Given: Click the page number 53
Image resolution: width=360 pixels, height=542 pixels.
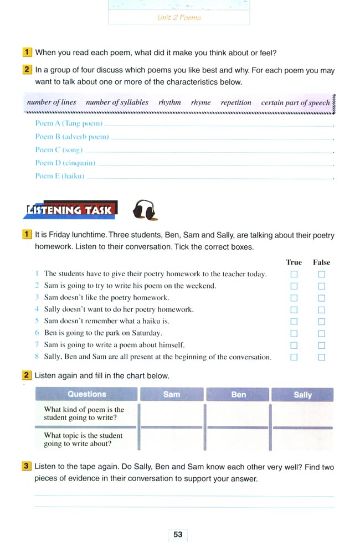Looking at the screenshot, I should tap(178, 534).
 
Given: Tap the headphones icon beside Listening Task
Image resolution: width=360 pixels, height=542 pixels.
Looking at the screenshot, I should tap(145, 210).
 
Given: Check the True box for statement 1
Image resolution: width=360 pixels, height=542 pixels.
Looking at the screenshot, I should tap(294, 274).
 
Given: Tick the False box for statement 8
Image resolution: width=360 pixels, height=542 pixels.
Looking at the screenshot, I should tap(322, 358).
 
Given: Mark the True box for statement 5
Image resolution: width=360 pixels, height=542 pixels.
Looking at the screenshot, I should tap(294, 322).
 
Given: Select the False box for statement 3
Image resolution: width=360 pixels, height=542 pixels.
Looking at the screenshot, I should tap(322, 298).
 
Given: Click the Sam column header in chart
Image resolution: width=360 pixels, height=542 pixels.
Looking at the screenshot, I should tap(172, 394).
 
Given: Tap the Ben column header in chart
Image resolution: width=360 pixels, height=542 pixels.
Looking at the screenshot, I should tap(238, 395).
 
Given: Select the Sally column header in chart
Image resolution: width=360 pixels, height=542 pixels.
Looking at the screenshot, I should tap(302, 395).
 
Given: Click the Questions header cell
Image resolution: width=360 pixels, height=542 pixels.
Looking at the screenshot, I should tap(86, 394).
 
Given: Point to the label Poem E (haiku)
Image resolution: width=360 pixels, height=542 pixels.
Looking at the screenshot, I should tap(59, 176).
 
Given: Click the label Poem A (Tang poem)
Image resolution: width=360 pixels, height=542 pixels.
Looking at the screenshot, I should tap(69, 123).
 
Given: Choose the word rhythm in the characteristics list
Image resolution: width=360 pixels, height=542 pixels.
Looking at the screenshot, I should tap(169, 102).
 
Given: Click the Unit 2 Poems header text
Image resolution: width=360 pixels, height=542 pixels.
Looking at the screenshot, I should tap(179, 18).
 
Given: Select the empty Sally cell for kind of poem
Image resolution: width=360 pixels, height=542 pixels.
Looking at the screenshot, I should tap(302, 414).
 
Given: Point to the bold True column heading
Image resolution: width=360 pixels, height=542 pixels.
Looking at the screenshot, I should tap(294, 262).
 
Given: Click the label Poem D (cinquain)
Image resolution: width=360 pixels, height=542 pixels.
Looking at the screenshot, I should tap(65, 163).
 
